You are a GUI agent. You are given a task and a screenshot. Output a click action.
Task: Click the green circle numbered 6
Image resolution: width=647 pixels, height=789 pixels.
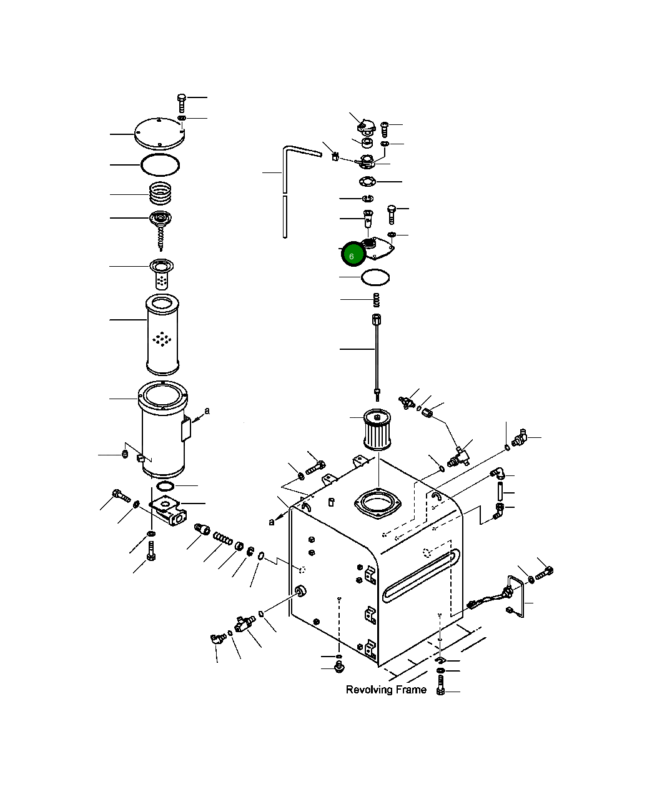pos(353,254)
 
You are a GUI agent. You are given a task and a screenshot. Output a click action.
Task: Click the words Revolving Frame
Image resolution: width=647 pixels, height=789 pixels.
pos(385,690)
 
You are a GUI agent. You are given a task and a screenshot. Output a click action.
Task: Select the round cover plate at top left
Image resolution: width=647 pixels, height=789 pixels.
pos(160,134)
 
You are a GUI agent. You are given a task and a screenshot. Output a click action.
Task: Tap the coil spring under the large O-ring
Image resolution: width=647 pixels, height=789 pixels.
pos(161,193)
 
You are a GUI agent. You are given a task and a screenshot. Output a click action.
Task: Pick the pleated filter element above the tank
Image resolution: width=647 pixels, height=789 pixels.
pos(377,429)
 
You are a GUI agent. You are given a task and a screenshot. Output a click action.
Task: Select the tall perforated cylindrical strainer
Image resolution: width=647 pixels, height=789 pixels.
pos(162,334)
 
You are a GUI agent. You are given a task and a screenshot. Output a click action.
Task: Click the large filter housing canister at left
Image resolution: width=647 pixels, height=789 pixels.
pos(163,429)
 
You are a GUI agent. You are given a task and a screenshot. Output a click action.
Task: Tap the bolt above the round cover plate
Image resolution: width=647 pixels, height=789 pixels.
pos(182,103)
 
